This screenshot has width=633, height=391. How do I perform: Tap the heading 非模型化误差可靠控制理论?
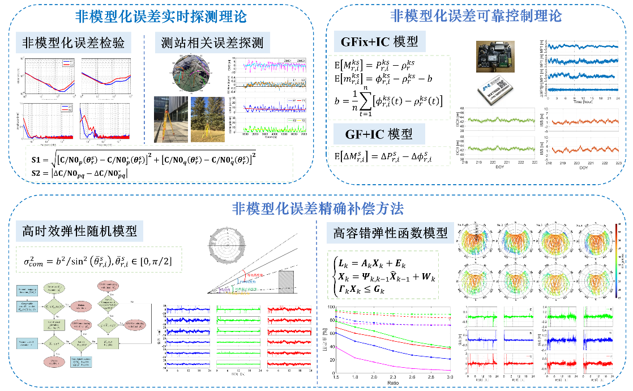[476, 15]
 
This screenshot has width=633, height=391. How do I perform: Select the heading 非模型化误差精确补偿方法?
[318, 209]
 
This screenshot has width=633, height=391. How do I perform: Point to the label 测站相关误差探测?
[212, 43]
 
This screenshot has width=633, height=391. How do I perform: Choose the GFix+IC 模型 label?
[379, 42]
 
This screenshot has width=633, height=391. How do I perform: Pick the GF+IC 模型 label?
[379, 135]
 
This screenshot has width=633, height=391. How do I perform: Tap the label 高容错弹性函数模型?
[391, 233]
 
